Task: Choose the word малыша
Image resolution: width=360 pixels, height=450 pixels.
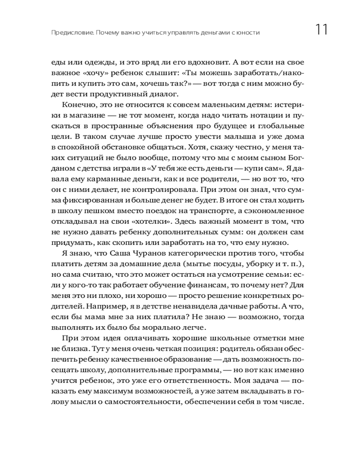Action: coord(236,137)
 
